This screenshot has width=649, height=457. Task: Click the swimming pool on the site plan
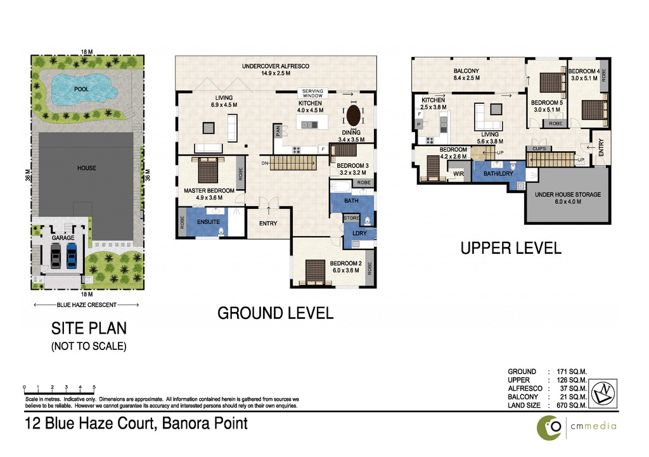coord(81,89)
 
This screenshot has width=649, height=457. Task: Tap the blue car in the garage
coord(71,256)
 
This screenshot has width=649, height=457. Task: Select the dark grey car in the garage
coord(56,256)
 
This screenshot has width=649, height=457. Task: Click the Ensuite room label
coord(208,222)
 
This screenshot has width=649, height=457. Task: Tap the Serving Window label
coord(312,93)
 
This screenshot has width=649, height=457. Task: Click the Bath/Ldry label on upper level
coord(498,173)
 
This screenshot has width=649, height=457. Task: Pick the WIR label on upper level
coord(458,173)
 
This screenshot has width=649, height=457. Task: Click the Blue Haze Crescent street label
coord(86,305)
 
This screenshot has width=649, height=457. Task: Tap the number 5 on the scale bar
coord(94,387)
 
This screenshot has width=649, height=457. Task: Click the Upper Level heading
coord(511,248)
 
